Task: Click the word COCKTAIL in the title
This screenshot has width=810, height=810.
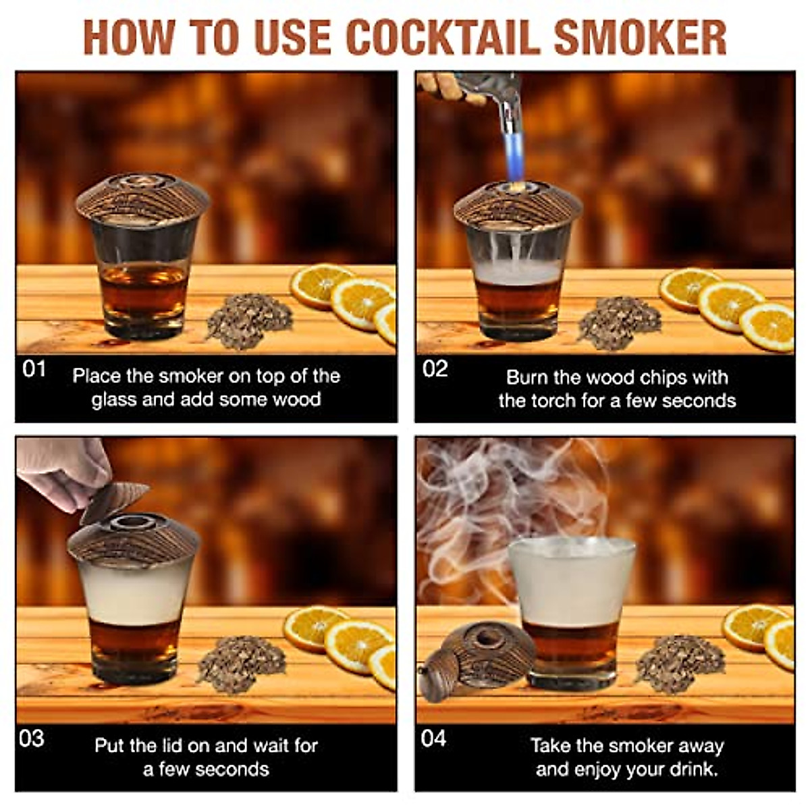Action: [x=443, y=37]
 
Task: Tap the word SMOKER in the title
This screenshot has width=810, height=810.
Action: [x=639, y=37]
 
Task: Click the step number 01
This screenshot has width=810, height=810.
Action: [x=34, y=369]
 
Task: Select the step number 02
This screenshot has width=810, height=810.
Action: [x=435, y=369]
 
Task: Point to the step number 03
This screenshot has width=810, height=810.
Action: [x=32, y=738]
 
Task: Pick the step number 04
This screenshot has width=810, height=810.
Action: [x=433, y=738]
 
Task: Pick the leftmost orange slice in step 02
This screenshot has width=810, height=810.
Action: [x=687, y=289]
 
